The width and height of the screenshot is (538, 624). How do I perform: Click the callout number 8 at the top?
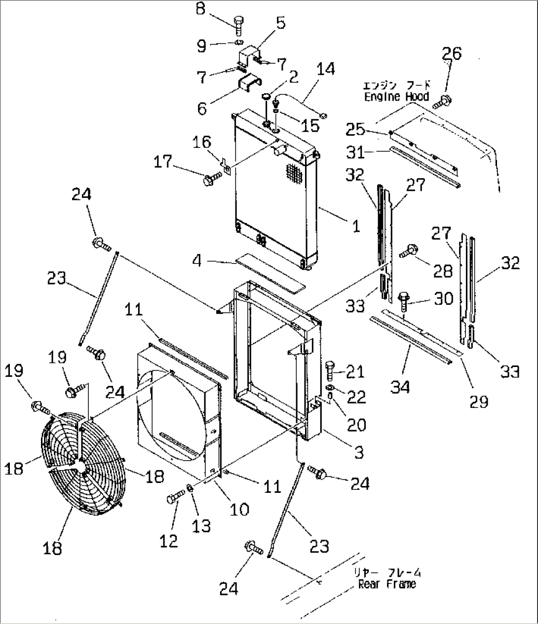[201, 9]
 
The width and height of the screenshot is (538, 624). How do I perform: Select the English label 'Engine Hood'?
[396, 96]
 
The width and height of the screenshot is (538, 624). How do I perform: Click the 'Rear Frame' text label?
[386, 584]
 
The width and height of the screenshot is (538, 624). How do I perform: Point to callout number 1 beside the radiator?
[355, 226]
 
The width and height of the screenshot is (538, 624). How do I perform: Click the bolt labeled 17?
[209, 179]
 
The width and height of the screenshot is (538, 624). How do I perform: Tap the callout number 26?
[452, 53]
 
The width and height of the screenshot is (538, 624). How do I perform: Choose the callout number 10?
[239, 509]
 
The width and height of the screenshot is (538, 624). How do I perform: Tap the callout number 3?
[359, 452]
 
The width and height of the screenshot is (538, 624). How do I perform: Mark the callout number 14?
[325, 69]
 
